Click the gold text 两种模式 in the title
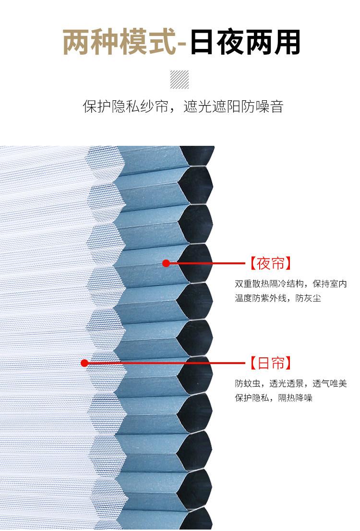click(119, 42)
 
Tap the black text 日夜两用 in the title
click(245, 42)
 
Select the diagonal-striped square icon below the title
click(180, 80)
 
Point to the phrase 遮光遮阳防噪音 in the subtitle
click(234, 106)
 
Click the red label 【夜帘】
click(271, 263)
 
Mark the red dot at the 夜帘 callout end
click(166, 263)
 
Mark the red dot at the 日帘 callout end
click(84, 363)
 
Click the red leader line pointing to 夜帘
click(206, 263)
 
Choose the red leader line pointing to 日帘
click(166, 363)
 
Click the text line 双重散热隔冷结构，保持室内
click(290, 284)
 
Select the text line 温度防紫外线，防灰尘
click(278, 298)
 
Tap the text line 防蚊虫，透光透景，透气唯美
click(290, 384)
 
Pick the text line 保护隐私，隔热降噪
click(274, 398)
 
